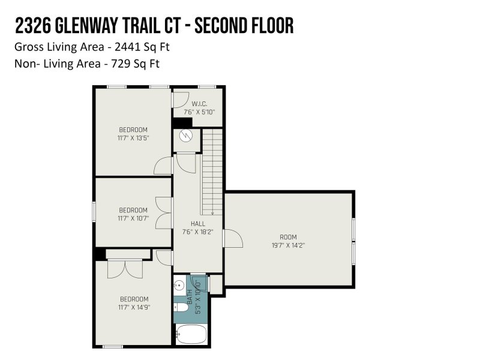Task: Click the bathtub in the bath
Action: [192, 334]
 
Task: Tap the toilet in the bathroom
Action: [181, 307]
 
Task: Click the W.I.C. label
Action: [199, 104]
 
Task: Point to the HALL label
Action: [198, 224]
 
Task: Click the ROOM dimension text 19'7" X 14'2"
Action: [288, 245]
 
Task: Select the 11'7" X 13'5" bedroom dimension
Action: [133, 138]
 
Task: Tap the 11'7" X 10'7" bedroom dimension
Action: [133, 218]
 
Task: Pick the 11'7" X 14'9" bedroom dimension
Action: [134, 307]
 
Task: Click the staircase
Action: [212, 172]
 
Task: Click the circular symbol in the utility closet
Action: [185, 136]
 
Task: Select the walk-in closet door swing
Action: [181, 100]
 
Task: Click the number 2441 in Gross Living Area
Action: [127, 47]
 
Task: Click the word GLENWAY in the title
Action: [87, 26]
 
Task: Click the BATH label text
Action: [190, 296]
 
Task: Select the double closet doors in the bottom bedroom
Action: [125, 269]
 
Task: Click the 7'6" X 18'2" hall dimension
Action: [198, 232]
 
